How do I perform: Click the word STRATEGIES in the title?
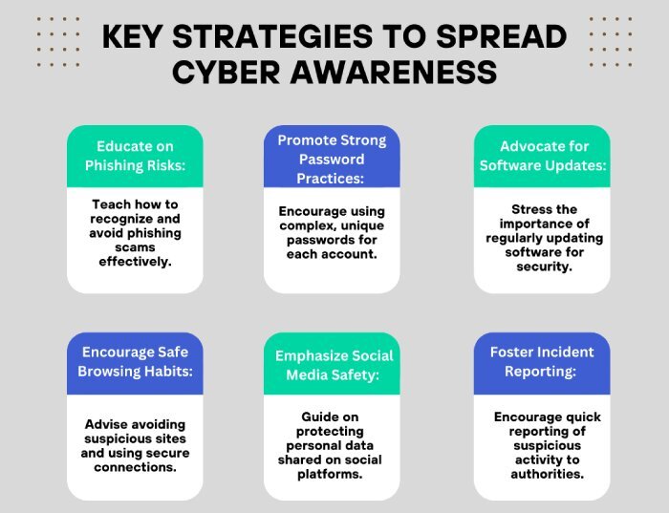pyautogui.click(x=272, y=36)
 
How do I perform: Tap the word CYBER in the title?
pyautogui.click(x=227, y=72)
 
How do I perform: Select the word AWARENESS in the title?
pyautogui.click(x=394, y=72)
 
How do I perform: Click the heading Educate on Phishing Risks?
pyautogui.click(x=135, y=156)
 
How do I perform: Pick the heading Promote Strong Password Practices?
pyautogui.click(x=332, y=160)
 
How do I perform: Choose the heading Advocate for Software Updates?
pyautogui.click(x=543, y=156)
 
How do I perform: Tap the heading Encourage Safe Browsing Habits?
pyautogui.click(x=135, y=362)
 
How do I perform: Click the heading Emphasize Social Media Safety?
pyautogui.click(x=334, y=366)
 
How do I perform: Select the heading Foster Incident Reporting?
pyautogui.click(x=542, y=362)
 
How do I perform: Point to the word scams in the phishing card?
pyautogui.click(x=135, y=247)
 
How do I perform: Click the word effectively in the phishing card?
pyautogui.click(x=135, y=262)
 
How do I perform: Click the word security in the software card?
pyautogui.click(x=544, y=267)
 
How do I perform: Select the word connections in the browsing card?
pyautogui.click(x=135, y=467)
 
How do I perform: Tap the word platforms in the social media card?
pyautogui.click(x=330, y=474)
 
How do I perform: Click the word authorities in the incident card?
pyautogui.click(x=547, y=474)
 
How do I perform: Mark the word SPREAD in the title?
pyautogui.click(x=502, y=36)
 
